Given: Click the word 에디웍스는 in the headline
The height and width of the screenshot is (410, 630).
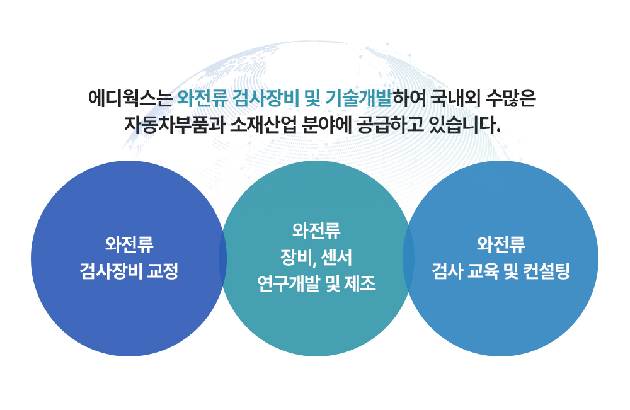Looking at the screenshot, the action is point(130,98).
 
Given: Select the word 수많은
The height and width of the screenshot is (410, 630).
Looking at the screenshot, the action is point(511,98).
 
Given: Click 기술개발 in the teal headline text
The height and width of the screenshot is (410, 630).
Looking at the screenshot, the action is point(359,98).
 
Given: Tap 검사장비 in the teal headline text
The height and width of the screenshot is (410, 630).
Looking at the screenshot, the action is point(266,98).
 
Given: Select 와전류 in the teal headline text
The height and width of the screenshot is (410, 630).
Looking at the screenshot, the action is point(202,98).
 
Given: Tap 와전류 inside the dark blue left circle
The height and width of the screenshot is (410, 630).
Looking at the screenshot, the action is point(129,244).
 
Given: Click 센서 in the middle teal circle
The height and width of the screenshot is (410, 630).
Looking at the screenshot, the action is point(336,258).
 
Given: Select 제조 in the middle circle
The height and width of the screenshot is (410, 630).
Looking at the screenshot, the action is point(360,284).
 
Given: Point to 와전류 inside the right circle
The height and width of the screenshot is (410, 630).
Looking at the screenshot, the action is point(501,244).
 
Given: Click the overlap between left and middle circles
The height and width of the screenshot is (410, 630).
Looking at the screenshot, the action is point(222,258).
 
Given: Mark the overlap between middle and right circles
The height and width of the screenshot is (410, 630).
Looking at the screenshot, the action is point(409,258).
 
